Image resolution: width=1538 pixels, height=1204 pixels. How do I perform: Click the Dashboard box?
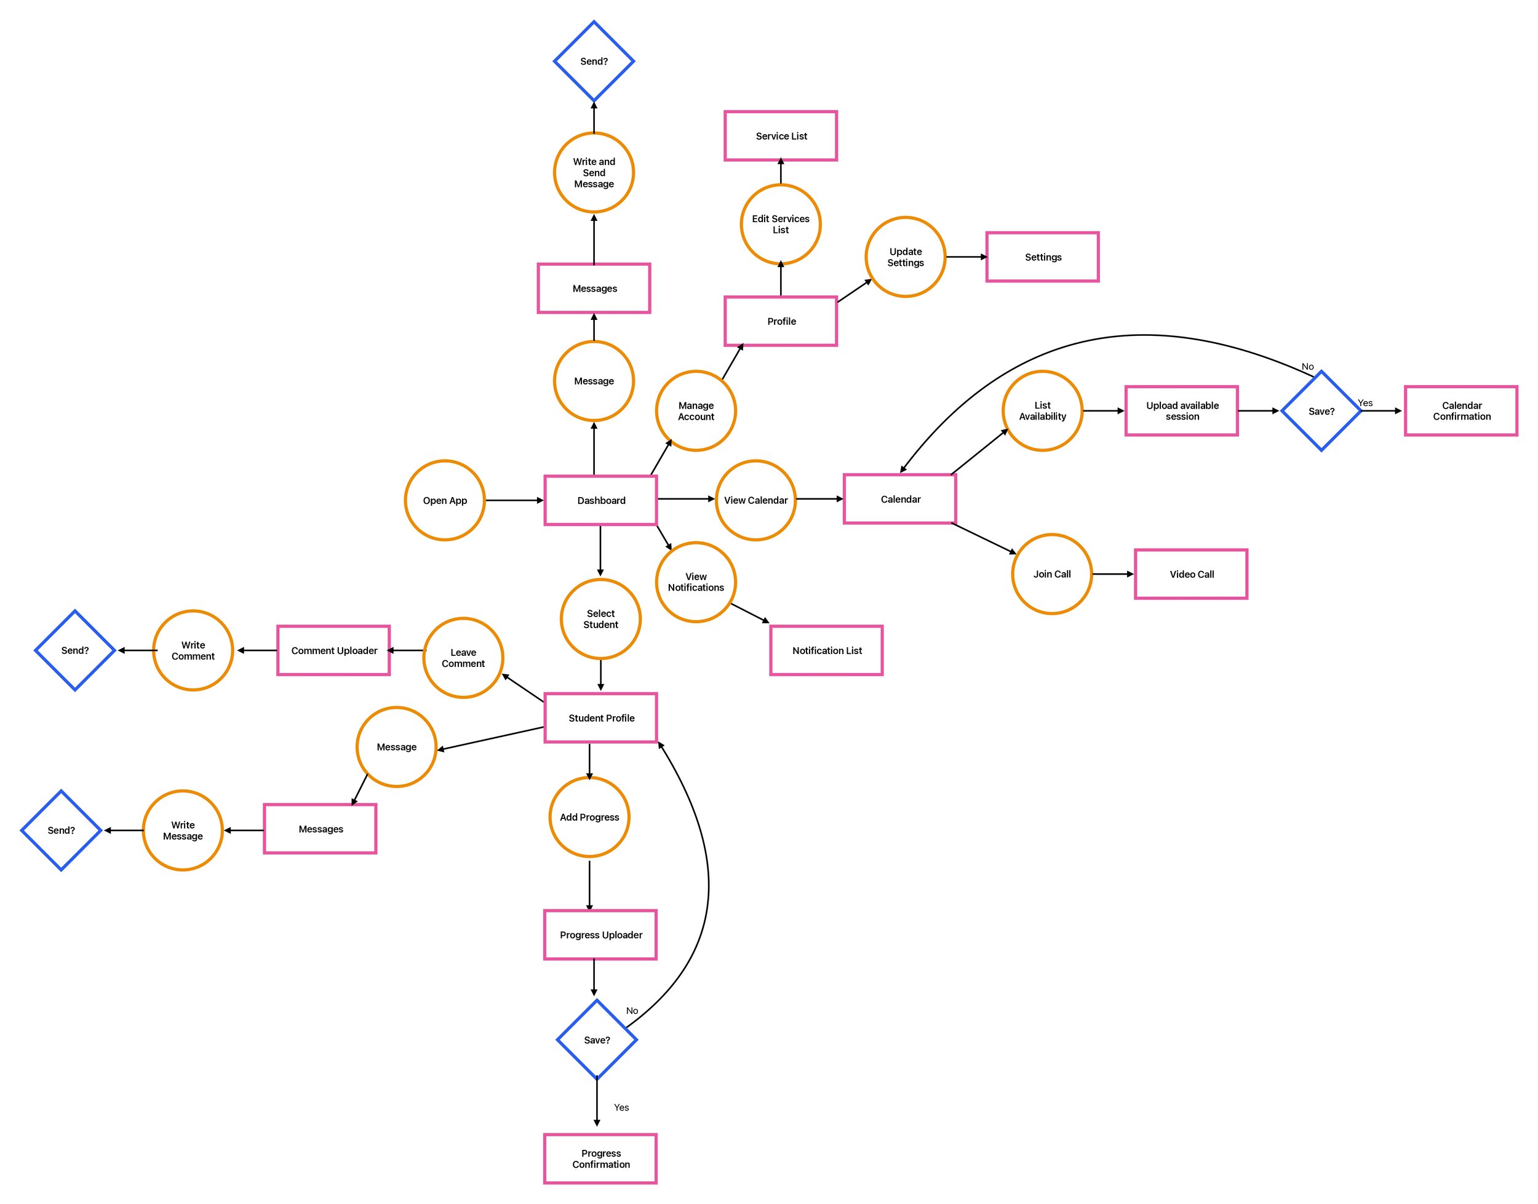pos(600,501)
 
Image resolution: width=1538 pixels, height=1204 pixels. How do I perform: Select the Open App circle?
pos(445,501)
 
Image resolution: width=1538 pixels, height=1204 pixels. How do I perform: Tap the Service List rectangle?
pos(780,136)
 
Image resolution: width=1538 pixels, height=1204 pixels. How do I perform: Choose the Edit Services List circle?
pos(780,224)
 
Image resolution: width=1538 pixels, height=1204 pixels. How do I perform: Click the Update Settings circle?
pos(905,257)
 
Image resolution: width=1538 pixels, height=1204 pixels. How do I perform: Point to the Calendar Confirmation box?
pos(1460,411)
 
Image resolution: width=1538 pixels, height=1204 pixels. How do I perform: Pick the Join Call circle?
pos(1051,575)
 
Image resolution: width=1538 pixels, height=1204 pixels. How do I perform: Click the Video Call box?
pos(1190,575)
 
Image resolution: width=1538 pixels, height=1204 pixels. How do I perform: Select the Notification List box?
pos(826,651)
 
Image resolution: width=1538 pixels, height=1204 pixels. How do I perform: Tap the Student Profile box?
pos(600,717)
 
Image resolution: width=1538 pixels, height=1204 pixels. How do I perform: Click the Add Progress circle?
pos(589,817)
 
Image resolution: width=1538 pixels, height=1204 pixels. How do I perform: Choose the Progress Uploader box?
pos(600,935)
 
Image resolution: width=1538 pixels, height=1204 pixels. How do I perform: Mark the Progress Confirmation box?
pos(600,1159)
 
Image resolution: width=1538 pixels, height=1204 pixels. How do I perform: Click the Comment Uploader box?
pos(333,651)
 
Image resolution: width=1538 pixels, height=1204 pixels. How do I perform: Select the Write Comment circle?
pos(193,651)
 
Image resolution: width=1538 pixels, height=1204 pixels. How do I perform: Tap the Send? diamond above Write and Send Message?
pos(594,62)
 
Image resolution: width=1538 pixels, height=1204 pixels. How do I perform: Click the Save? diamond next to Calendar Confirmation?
pos(1321,411)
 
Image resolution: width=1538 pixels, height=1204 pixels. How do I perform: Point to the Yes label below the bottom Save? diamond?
pos(621,1107)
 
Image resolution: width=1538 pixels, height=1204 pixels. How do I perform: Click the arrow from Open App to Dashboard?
pos(514,501)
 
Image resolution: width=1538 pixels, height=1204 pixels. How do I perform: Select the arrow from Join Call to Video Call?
pos(1113,575)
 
